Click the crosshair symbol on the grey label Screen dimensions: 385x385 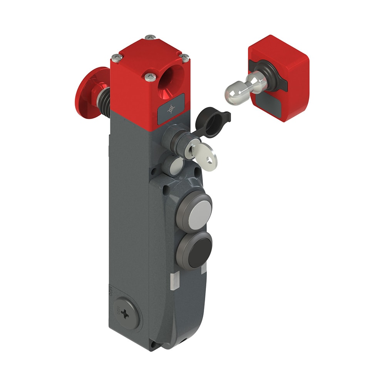[x=171, y=110]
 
